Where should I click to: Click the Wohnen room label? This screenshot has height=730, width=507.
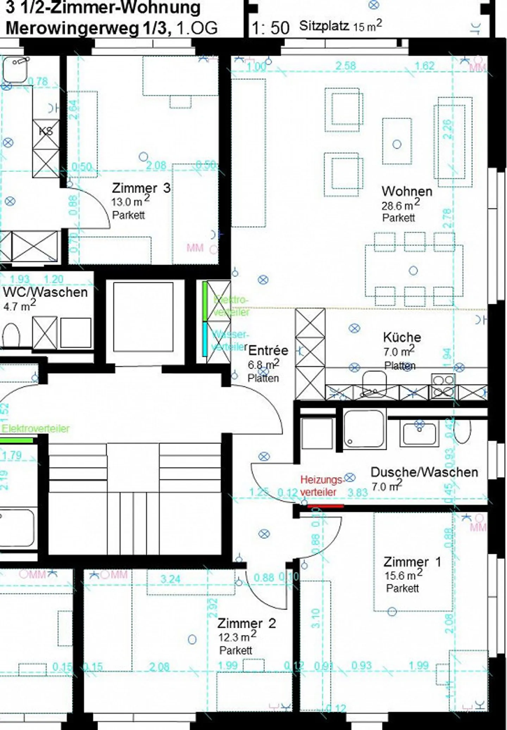(x=407, y=191)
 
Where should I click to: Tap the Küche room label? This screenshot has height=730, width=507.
(x=402, y=337)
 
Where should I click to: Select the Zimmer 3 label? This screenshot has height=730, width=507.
(x=141, y=188)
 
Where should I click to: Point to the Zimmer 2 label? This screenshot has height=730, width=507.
(x=246, y=623)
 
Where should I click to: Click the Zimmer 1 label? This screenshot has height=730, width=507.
(x=412, y=562)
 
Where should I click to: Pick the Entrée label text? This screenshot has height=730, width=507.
(x=268, y=351)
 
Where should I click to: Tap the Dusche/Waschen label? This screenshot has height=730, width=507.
(x=424, y=472)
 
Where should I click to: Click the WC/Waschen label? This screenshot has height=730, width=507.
(x=45, y=292)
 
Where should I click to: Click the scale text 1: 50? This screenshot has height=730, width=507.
(x=270, y=28)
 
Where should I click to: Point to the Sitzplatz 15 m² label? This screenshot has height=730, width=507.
(x=340, y=26)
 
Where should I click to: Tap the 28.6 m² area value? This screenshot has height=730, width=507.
(x=400, y=205)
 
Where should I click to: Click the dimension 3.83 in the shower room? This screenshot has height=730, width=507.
(x=357, y=492)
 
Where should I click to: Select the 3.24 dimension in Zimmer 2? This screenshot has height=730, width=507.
(x=170, y=579)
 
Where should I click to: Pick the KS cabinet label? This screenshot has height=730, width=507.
(x=46, y=131)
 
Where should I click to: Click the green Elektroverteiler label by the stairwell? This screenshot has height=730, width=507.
(x=36, y=428)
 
